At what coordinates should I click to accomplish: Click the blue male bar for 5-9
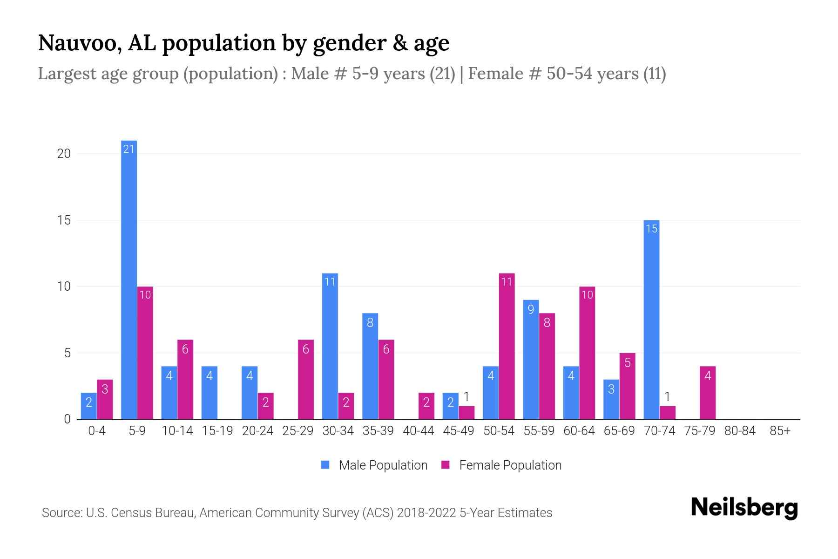click(129, 279)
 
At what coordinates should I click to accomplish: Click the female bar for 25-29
click(306, 380)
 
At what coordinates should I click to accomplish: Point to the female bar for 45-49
click(466, 413)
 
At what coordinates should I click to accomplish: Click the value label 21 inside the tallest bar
click(129, 149)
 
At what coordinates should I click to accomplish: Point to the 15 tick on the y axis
click(64, 220)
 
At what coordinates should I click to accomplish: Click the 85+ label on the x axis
click(780, 431)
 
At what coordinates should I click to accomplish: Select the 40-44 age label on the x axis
click(418, 431)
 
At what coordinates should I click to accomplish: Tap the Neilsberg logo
click(744, 508)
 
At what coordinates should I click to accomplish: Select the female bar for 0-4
click(105, 399)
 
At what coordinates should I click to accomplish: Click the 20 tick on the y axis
click(64, 154)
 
